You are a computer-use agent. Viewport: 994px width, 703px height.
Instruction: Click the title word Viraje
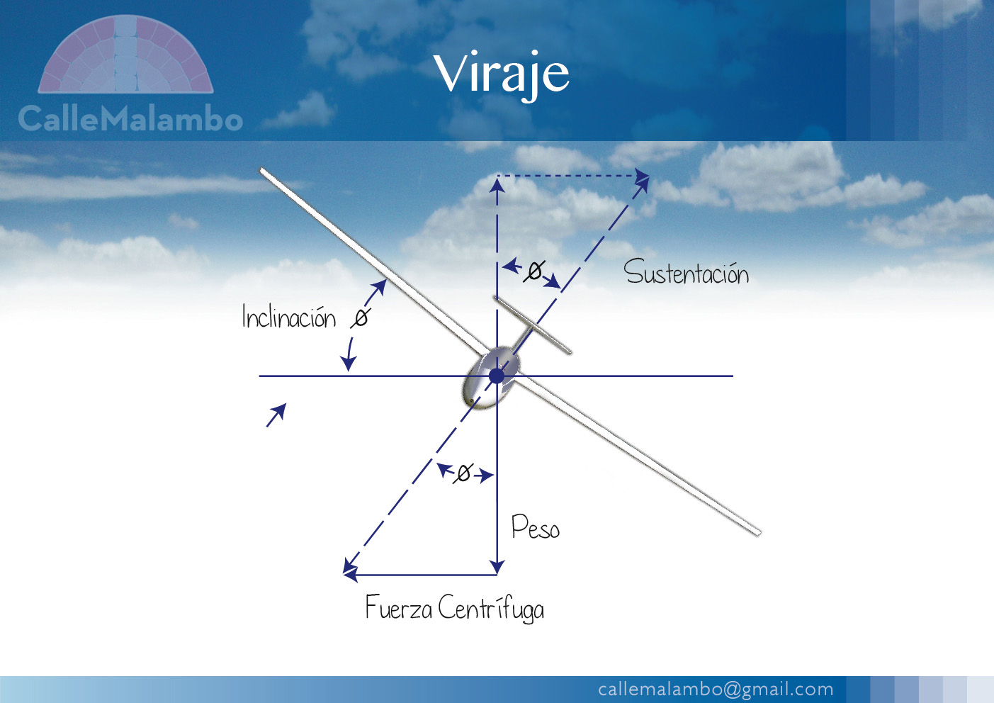click(x=502, y=73)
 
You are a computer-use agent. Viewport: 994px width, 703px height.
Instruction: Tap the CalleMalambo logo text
click(x=130, y=119)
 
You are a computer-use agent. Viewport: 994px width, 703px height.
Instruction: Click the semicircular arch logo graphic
click(x=125, y=55)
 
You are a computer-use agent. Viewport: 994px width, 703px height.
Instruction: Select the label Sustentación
click(x=686, y=273)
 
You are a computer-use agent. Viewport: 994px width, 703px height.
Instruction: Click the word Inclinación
click(x=288, y=317)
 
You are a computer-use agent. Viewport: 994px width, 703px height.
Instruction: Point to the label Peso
click(x=536, y=528)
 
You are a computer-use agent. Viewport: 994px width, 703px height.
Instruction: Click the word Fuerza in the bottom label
click(x=398, y=607)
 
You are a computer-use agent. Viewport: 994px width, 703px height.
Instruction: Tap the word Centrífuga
click(x=491, y=609)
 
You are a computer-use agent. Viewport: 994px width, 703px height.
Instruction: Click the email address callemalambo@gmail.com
click(x=716, y=689)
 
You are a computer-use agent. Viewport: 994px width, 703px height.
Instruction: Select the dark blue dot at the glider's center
click(x=497, y=376)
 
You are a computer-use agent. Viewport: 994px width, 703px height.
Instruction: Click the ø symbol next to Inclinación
click(x=361, y=317)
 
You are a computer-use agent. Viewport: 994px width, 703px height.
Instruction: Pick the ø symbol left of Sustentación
click(x=534, y=271)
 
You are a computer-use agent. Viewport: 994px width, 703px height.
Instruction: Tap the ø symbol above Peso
click(x=463, y=473)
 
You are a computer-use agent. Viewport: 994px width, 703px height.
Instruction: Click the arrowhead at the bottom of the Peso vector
click(x=497, y=568)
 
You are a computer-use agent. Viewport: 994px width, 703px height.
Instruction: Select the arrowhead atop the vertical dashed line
click(x=497, y=184)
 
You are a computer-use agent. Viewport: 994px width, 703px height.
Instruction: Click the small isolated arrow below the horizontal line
click(x=276, y=415)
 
